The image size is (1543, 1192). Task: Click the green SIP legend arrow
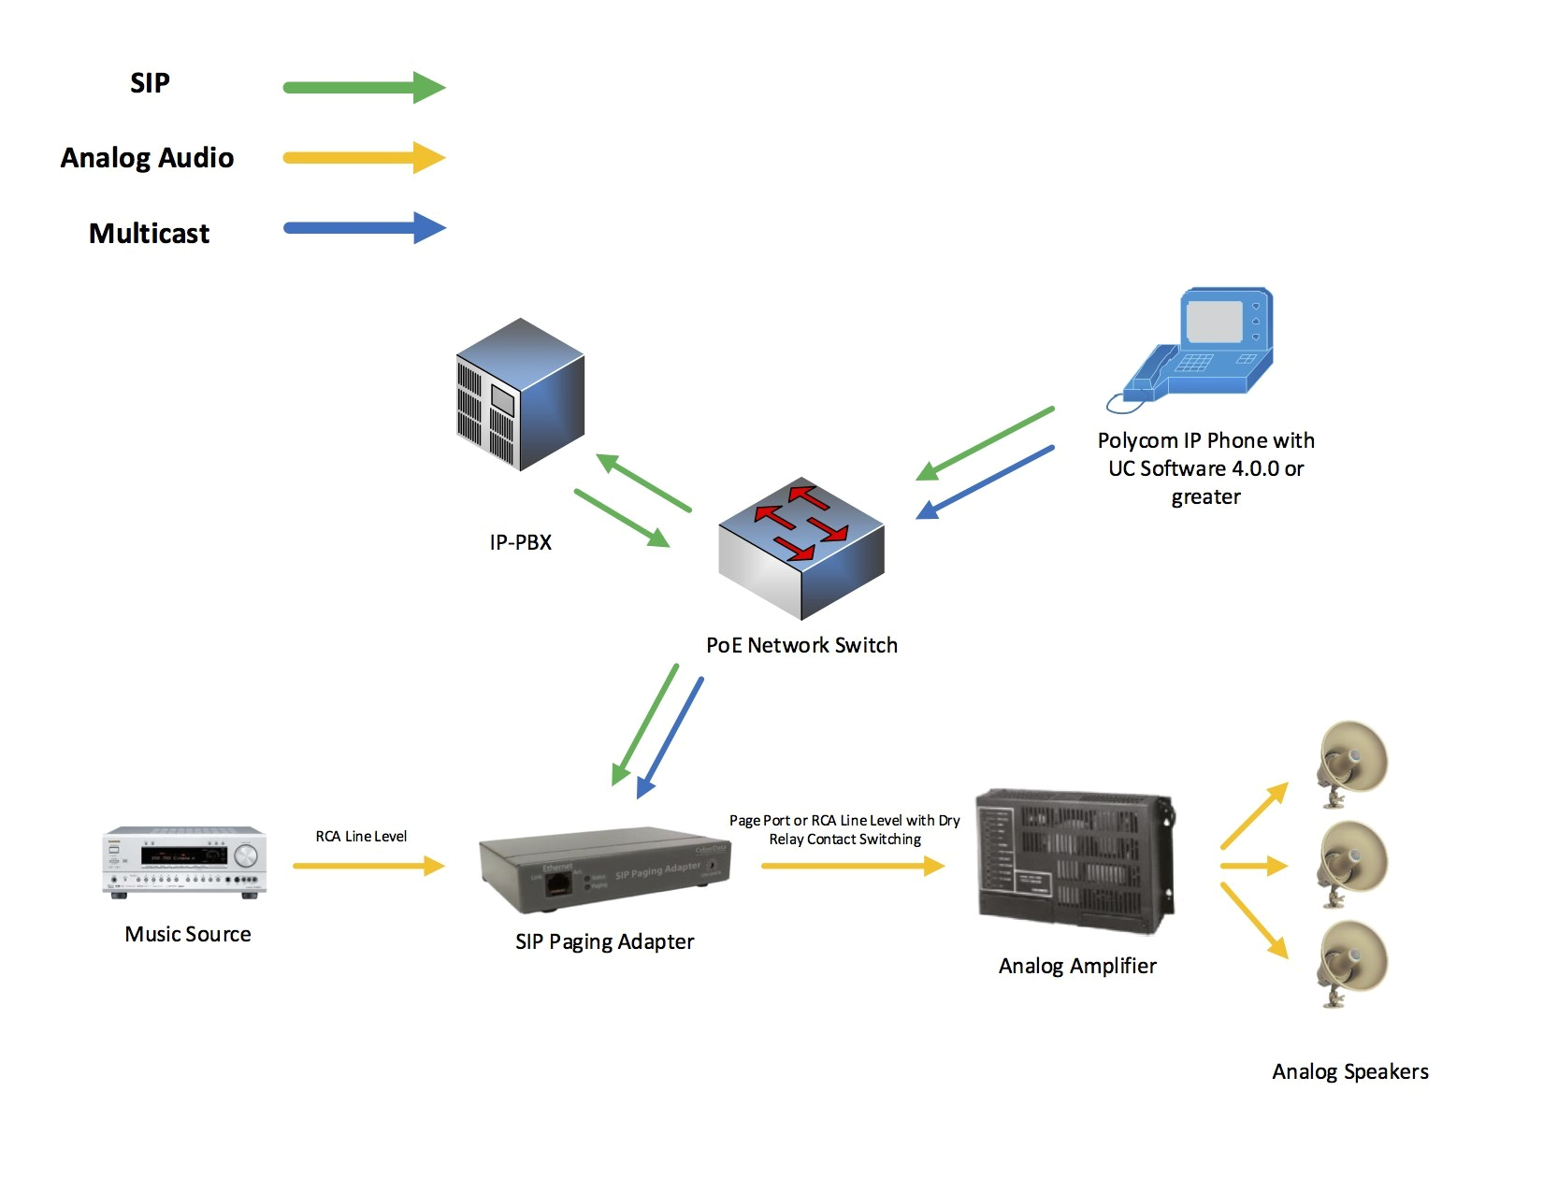365,88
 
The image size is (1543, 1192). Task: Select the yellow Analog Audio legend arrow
365,158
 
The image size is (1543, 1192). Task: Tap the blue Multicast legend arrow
365,228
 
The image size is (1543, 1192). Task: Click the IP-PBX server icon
520,395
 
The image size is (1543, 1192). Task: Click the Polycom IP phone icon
1201,347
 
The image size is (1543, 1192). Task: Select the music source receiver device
184,862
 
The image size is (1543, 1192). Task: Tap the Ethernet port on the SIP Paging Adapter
558,883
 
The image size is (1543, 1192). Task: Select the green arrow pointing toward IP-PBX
643,482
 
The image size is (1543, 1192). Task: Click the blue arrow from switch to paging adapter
670,738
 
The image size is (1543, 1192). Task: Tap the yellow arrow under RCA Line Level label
368,867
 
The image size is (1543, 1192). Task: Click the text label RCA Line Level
361,837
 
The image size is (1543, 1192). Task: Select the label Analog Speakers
1349,1072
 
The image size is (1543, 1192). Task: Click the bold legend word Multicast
149,234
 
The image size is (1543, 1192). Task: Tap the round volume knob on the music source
246,855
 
